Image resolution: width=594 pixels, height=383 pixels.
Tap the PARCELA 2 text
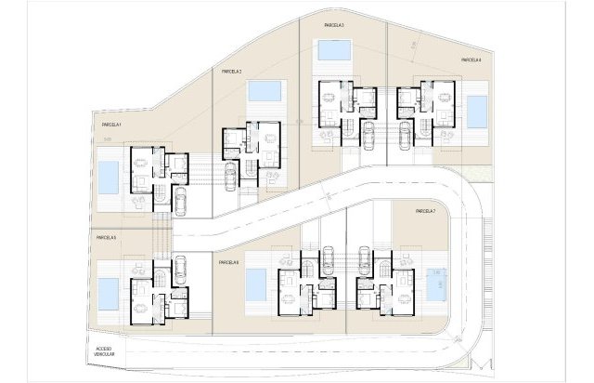pos(231,72)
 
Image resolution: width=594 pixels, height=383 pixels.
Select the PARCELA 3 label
pos(334,25)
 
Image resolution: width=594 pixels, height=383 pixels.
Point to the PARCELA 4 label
pos(471,60)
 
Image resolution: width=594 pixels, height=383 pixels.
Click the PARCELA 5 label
pos(106,238)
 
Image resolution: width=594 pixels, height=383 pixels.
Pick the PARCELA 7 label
pos(426,212)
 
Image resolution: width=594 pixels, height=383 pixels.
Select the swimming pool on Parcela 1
pos(108,174)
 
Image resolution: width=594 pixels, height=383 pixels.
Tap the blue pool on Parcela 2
pos(265,92)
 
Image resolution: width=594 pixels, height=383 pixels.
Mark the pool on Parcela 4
pos(477,112)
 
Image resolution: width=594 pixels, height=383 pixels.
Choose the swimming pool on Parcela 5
pos(109,293)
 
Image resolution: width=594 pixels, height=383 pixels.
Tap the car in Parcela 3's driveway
pos(368,136)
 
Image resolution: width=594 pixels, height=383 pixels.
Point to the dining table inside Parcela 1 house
pos(142,171)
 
